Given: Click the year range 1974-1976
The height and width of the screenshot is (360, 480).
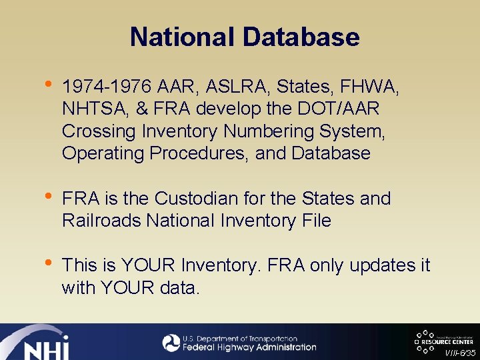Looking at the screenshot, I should [107, 87].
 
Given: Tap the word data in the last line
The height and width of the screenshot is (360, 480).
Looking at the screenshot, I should [180, 288].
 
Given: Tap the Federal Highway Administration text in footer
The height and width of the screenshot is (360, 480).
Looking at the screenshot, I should [250, 347].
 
